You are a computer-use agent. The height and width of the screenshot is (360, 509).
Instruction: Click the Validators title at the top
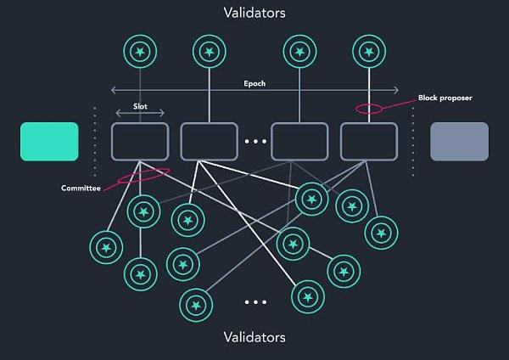254,14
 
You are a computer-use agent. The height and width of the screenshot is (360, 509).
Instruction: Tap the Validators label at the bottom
254,337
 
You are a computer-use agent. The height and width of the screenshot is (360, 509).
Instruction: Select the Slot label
141,106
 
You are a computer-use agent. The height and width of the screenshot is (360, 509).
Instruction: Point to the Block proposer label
445,98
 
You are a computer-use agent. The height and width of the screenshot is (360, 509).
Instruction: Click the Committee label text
82,188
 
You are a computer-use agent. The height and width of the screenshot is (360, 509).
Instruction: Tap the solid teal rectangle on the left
49,141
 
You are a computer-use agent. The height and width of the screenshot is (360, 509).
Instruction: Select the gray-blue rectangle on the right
459,141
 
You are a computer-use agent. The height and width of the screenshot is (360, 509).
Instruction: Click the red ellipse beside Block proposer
369,109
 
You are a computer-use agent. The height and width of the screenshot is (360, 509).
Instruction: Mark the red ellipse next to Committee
144,174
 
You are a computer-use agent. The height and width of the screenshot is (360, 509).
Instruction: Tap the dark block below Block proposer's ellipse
369,141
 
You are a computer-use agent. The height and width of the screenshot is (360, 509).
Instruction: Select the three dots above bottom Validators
255,302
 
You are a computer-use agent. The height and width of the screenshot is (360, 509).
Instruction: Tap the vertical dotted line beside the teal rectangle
94,141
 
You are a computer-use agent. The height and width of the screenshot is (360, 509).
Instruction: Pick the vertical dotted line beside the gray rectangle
413,141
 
